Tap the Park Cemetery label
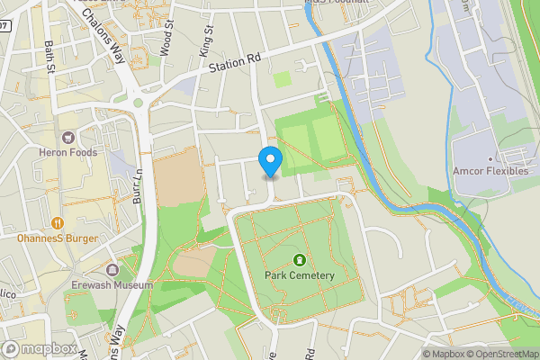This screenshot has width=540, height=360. pyautogui.click(x=300, y=275)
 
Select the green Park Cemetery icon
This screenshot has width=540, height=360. pyautogui.click(x=300, y=260)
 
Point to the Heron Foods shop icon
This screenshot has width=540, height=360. pyautogui.click(x=67, y=138)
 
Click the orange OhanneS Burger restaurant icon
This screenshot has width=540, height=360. pyautogui.click(x=58, y=222)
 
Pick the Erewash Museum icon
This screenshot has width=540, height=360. pyautogui.click(x=112, y=270)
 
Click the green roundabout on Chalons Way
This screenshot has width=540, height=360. pyautogui.click(x=138, y=103)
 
